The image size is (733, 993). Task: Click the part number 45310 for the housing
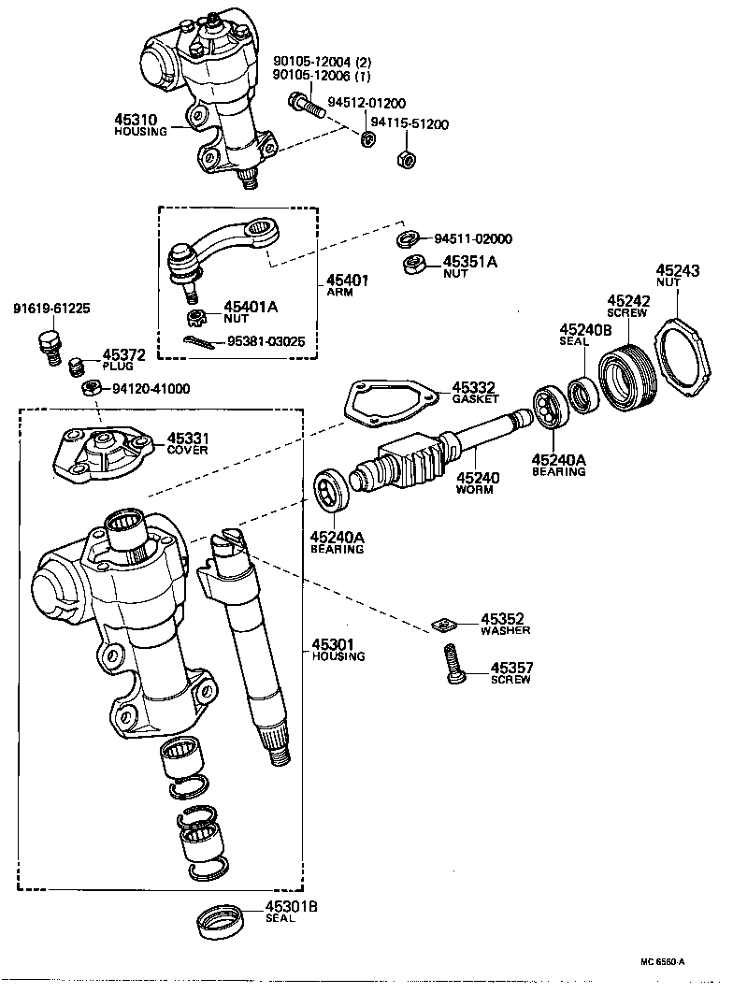coord(136,120)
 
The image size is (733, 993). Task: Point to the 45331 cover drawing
coord(104,453)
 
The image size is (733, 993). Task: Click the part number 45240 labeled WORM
coord(477,478)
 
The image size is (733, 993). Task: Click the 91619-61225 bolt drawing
coord(46,345)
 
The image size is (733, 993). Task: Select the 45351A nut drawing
coord(412,266)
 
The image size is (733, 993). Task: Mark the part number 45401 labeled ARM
coord(346,280)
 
